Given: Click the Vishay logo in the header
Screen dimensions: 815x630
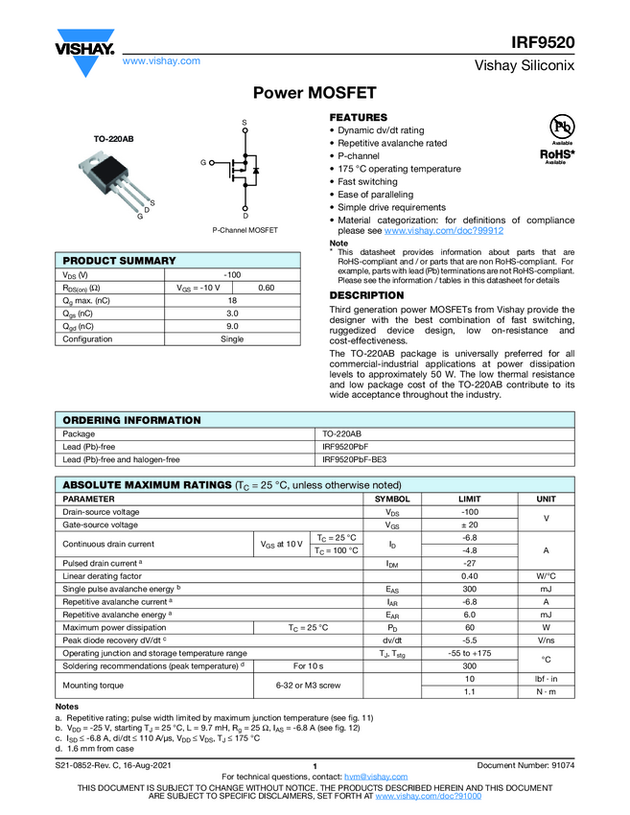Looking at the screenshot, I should tap(83, 46).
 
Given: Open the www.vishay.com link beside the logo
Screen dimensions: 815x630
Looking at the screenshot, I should tap(161, 60).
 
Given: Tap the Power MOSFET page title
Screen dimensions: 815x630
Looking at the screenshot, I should tap(315, 93).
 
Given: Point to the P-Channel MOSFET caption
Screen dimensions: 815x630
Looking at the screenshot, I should tap(245, 230).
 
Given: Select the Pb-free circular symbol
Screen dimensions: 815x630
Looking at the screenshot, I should tap(561, 126).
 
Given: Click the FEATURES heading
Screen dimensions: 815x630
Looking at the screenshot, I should tap(359, 117).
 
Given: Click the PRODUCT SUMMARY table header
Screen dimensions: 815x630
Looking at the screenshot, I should tap(119, 261).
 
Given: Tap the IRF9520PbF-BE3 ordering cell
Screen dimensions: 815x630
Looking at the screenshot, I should tap(354, 459).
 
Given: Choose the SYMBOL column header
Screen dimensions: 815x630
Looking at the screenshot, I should tap(392, 500).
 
